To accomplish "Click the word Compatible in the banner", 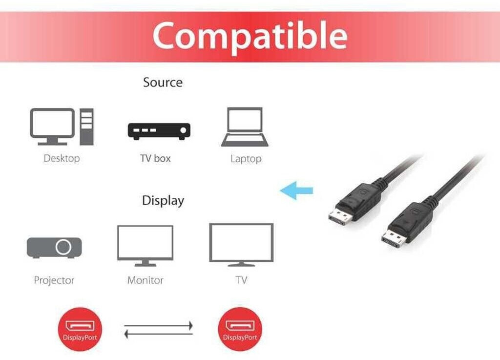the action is click(x=250, y=36).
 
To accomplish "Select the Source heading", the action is click(x=163, y=83).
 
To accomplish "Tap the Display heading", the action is click(x=163, y=201).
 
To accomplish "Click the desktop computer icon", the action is click(x=62, y=127).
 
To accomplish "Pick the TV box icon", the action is click(x=159, y=131).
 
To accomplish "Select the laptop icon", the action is click(x=245, y=127).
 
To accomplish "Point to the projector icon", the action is click(x=54, y=248).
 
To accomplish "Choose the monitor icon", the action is click(x=145, y=245).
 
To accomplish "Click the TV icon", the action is click(x=241, y=244).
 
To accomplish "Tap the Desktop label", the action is click(x=62, y=158).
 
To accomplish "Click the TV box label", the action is click(x=155, y=158).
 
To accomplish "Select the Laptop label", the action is click(x=246, y=159).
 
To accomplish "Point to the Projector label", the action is click(x=54, y=280).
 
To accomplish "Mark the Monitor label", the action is click(x=145, y=280).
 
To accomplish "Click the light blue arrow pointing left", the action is click(x=296, y=191).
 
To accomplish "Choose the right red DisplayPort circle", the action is click(x=240, y=329).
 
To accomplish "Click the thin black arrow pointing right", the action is click(x=159, y=325).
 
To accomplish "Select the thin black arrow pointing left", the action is click(x=159, y=334).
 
